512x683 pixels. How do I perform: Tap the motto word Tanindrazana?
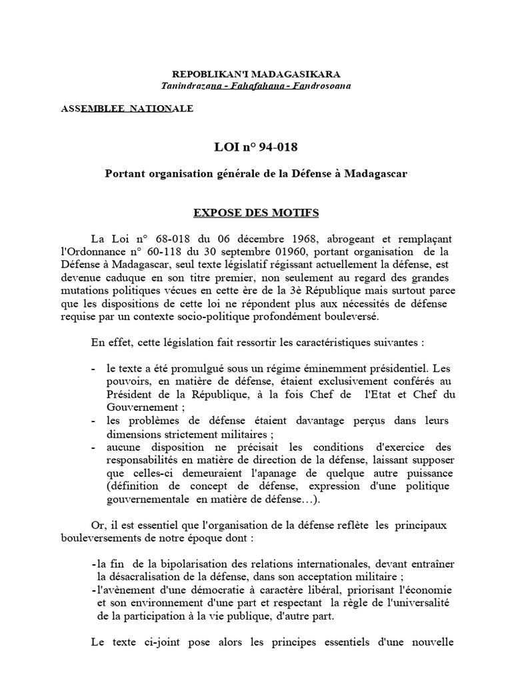pos(189,86)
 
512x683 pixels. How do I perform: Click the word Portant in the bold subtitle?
pos(127,173)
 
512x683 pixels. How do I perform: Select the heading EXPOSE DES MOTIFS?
pos(256,213)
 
